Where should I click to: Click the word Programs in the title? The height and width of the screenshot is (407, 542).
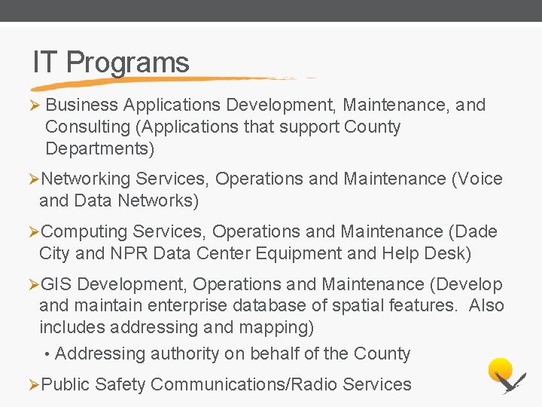click(128, 63)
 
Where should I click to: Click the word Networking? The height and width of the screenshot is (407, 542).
click(86, 179)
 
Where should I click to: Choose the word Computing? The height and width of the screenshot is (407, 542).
click(84, 231)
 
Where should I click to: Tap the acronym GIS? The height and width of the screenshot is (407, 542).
click(56, 284)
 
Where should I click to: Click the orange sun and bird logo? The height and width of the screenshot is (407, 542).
click(505, 375)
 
